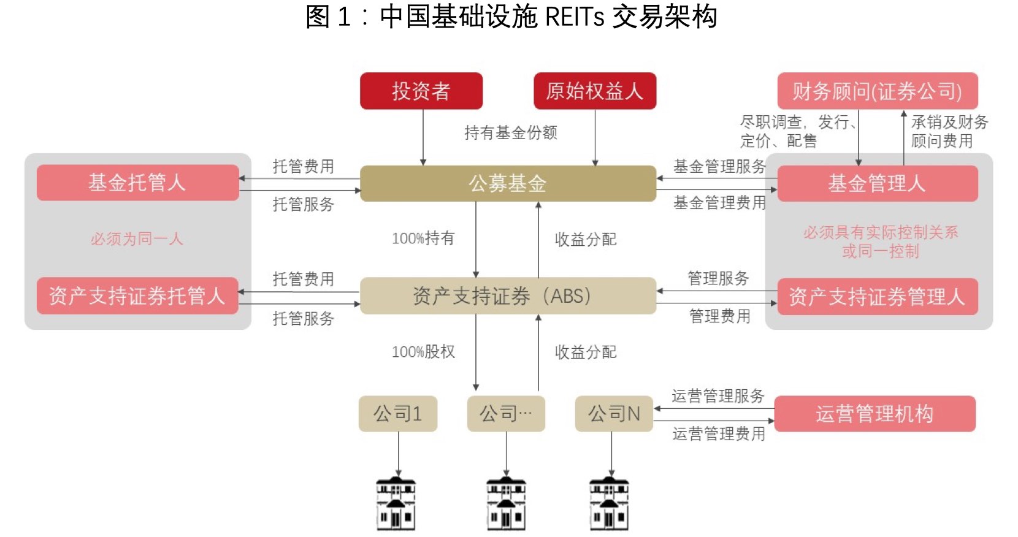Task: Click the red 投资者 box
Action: pyautogui.click(x=421, y=91)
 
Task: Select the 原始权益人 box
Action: pyautogui.click(x=594, y=91)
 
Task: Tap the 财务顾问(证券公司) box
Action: pyautogui.click(x=877, y=91)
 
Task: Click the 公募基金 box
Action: pyautogui.click(x=507, y=183)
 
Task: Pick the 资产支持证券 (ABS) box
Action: pyautogui.click(x=507, y=295)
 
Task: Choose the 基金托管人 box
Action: pyautogui.click(x=137, y=182)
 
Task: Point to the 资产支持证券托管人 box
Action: pyautogui.click(x=137, y=295)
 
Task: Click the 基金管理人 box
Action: pyautogui.click(x=877, y=183)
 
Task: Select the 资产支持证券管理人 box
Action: pyautogui.click(x=877, y=297)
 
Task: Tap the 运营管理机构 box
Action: pyautogui.click(x=874, y=414)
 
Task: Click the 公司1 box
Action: pyautogui.click(x=397, y=414)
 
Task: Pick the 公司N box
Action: pyautogui.click(x=613, y=414)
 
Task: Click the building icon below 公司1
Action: pyautogui.click(x=396, y=504)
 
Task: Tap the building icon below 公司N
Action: pyautogui.click(x=609, y=504)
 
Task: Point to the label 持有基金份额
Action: pyautogui.click(x=510, y=132)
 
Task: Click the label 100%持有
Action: pyautogui.click(x=423, y=238)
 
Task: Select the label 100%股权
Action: pyautogui.click(x=423, y=351)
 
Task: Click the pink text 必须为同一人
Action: pyautogui.click(x=137, y=238)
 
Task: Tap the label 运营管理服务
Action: pyautogui.click(x=718, y=396)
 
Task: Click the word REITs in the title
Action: pyautogui.click(x=575, y=17)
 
